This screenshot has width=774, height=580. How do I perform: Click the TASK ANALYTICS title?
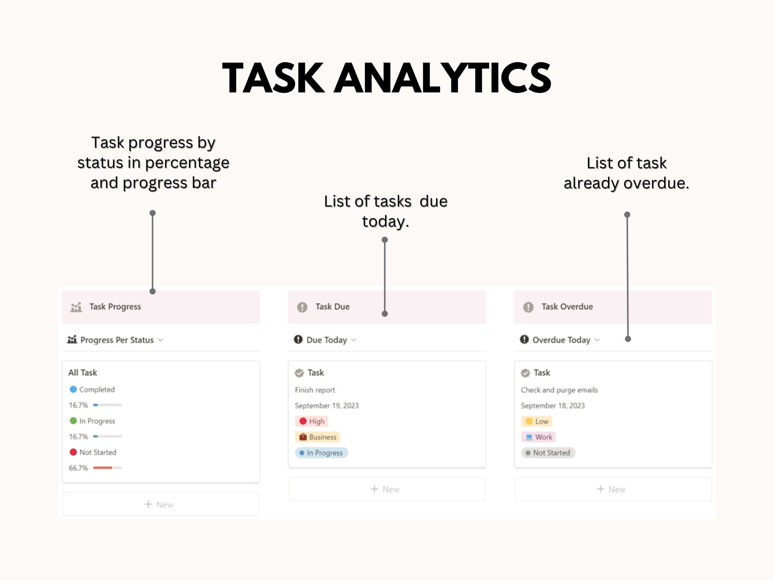(387, 78)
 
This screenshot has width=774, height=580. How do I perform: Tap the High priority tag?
(312, 421)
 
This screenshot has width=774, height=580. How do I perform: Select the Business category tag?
(318, 437)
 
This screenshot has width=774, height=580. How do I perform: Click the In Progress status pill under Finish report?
(322, 453)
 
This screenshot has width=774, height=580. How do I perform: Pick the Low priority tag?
(537, 421)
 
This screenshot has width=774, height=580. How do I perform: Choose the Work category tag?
(539, 437)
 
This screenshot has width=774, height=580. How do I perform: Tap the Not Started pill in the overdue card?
(548, 453)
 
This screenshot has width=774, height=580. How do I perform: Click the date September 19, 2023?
(327, 406)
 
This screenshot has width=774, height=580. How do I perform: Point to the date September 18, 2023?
(553, 406)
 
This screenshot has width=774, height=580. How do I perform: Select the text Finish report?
(315, 390)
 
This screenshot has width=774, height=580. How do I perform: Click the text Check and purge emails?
(559, 390)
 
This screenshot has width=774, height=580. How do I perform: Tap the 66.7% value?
(79, 468)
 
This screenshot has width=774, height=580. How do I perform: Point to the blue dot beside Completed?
(73, 389)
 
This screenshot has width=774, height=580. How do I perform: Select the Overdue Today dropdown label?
(561, 340)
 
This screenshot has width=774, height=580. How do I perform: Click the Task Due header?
(332, 307)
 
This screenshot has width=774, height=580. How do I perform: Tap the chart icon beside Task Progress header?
(76, 307)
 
